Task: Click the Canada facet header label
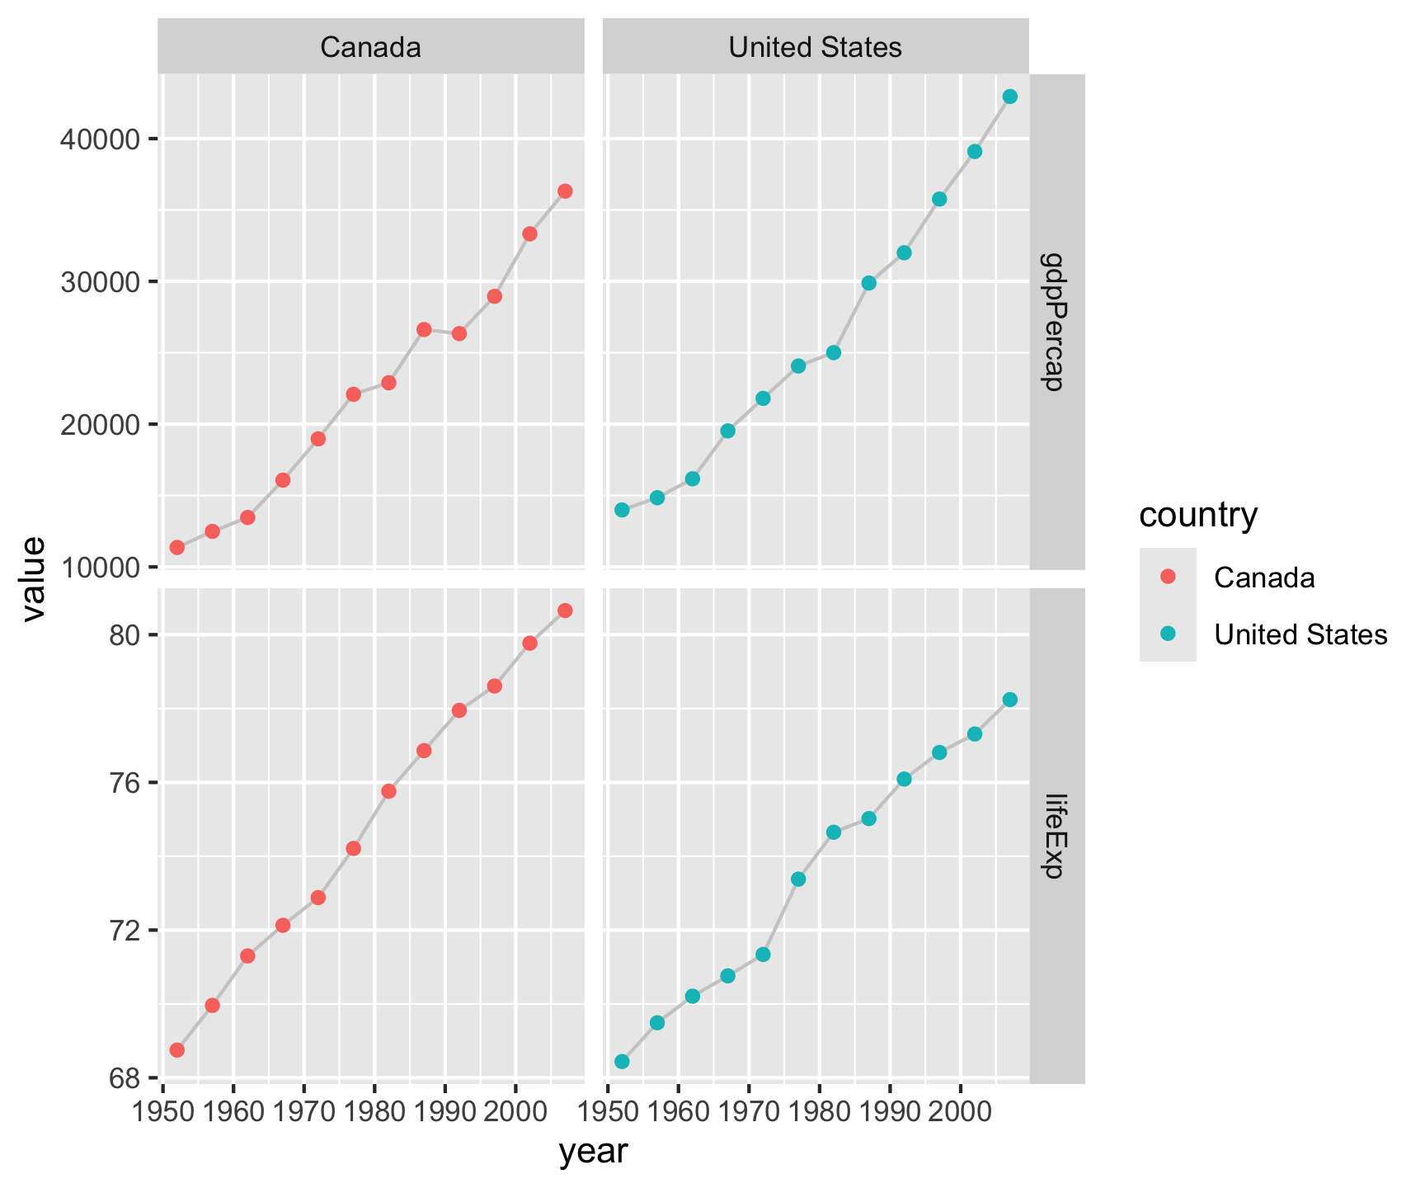point(370,47)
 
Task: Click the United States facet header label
point(815,47)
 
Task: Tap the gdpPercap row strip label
point(1056,321)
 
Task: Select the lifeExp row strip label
point(1056,836)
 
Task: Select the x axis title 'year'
point(593,1152)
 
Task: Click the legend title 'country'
point(1198,515)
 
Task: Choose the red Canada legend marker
point(1168,577)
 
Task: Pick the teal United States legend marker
point(1168,634)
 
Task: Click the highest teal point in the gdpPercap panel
point(1009,97)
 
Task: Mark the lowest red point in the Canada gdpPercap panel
point(176,547)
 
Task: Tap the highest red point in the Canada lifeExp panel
point(565,610)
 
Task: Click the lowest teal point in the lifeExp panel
point(622,1061)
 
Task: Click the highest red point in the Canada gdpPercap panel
point(565,191)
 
